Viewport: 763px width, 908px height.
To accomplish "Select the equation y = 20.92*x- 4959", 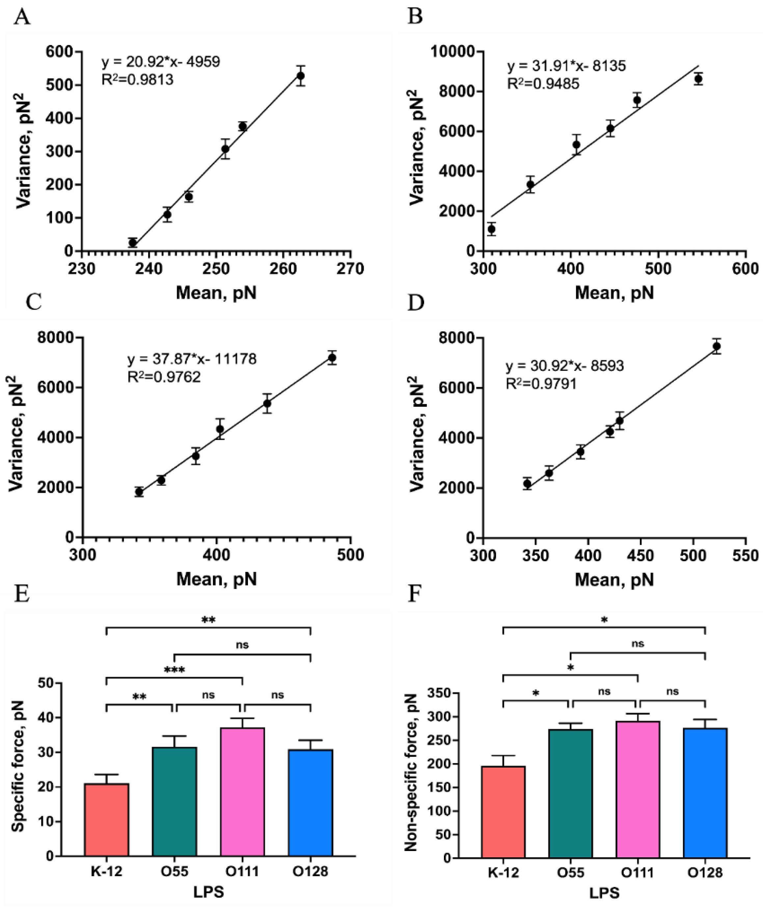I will pos(160,62).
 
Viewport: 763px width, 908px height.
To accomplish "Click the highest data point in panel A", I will pos(301,76).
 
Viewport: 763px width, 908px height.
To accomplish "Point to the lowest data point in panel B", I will pos(491,229).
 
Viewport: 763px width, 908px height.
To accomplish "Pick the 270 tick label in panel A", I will pos(350,269).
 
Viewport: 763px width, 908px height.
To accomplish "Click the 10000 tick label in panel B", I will pos(451,51).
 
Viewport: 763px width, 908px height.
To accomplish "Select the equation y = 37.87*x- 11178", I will pos(192,359).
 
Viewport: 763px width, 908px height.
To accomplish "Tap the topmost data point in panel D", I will pos(716,346).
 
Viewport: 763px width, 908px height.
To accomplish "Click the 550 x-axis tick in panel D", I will pos(746,556).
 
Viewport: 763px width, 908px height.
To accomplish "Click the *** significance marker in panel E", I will pos(174,671).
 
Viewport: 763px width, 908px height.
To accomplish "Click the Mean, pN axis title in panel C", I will pos(216,579).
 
